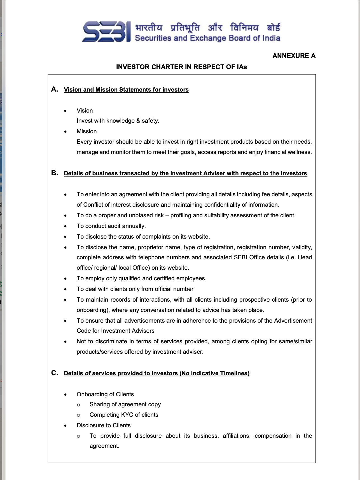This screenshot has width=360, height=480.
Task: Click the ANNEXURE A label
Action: pos(294,56)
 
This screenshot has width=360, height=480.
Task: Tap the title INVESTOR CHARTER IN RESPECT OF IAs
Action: pos(181,67)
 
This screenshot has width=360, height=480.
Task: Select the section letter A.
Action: pos(55,89)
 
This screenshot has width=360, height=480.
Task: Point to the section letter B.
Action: pos(55,173)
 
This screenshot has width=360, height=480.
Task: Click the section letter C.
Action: pos(55,373)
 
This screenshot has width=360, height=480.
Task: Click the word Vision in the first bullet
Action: pos(85,111)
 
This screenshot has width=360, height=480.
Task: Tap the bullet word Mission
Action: pos(87,131)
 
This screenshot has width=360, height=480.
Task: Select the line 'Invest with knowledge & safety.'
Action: pos(118,121)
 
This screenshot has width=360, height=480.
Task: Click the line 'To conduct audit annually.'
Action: pos(111,226)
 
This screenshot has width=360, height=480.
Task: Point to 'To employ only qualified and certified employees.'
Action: pos(141,278)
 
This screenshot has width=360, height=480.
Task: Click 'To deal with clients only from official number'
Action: pos(135,289)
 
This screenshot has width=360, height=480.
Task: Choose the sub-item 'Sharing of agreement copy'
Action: pos(125,404)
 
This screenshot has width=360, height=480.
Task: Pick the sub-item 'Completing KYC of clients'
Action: pos(124,415)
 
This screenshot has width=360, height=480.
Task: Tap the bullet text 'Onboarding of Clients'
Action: pos(105,394)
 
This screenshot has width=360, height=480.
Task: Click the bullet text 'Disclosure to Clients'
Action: pos(104,425)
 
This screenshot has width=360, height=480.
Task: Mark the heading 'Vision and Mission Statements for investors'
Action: pos(126,90)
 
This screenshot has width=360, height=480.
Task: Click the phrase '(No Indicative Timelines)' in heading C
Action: pos(214,373)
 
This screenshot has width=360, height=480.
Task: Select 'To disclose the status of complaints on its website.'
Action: pos(143,237)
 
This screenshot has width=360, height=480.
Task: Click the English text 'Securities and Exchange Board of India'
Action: pos(207,38)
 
